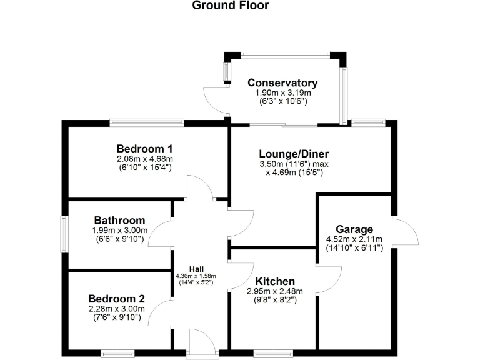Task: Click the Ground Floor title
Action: coord(231,6)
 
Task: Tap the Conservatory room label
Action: coord(282,83)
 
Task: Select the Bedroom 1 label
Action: coord(144,149)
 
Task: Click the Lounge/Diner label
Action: coord(294,154)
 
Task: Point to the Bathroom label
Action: coord(119,221)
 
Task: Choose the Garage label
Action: coord(354,229)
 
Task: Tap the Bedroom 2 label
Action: coord(116,299)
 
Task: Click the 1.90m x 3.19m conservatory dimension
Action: coord(282,92)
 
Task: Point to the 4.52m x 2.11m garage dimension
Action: coord(354,239)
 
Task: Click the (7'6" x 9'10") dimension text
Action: coord(116,317)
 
